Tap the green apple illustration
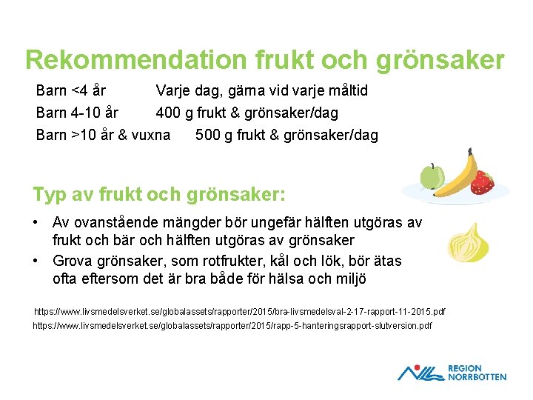click(432, 176)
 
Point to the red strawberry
click(483, 182)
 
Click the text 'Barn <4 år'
click(71, 91)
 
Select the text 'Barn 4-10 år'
click(77, 113)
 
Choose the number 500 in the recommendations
click(208, 136)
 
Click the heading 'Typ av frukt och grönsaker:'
click(158, 195)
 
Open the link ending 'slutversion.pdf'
click(232, 326)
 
